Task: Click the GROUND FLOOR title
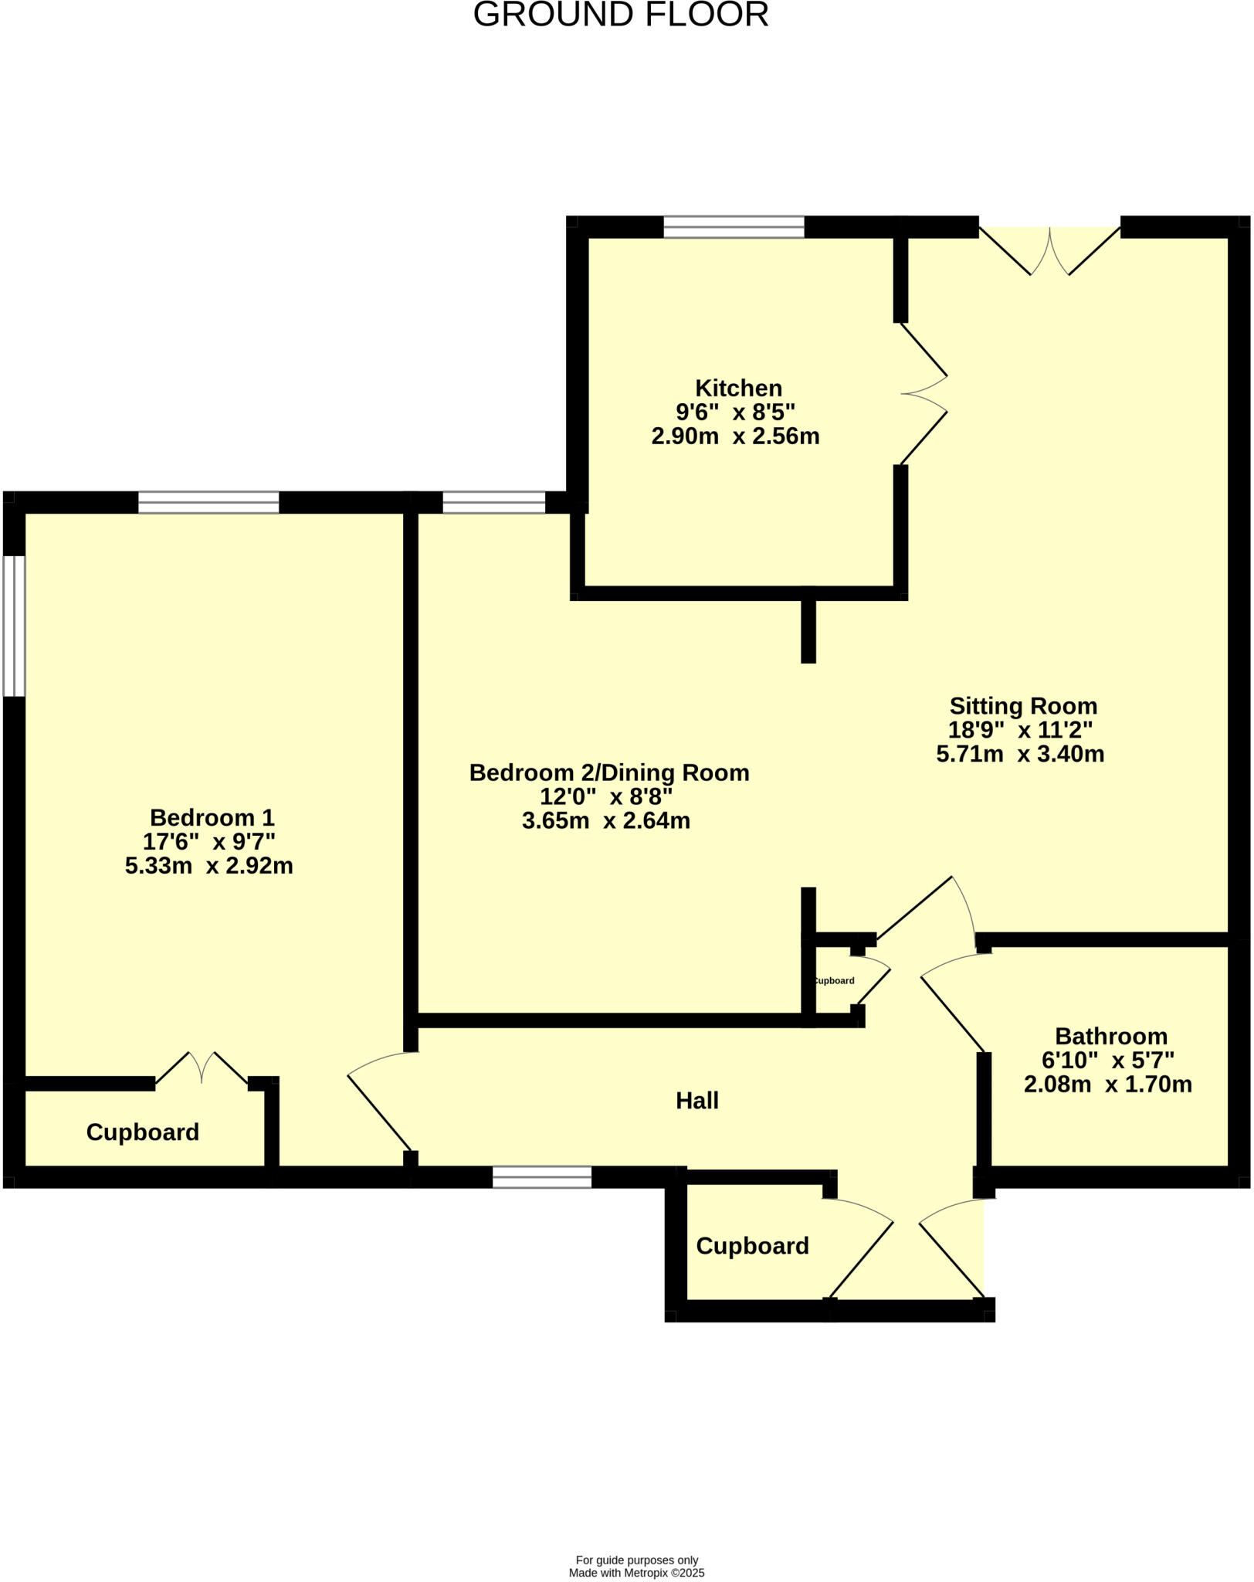pos(621,15)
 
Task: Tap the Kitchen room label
pos(738,388)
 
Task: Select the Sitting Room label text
pos(1022,705)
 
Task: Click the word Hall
pos(696,1100)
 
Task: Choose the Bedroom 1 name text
pos(212,816)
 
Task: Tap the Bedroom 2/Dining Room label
pos(608,772)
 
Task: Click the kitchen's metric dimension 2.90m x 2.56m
pos(735,436)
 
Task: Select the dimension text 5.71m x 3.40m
pos(1020,754)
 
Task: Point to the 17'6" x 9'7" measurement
pos(208,841)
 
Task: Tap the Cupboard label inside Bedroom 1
pos(142,1132)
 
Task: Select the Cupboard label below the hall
pos(752,1245)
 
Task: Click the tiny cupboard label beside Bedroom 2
pos(834,981)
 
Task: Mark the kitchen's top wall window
pos(733,226)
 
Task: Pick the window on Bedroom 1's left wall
pos(14,626)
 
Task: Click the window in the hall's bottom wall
pos(541,1177)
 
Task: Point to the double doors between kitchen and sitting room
pos(924,394)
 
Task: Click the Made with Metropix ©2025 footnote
pos(636,1573)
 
